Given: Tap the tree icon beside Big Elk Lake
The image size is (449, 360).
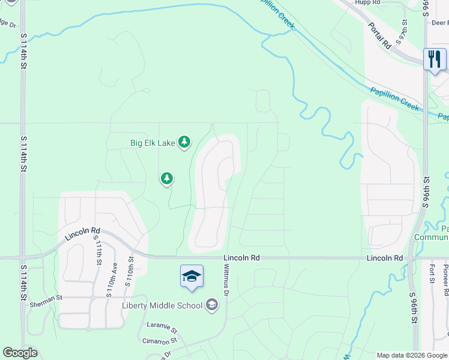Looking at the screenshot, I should [x=185, y=142].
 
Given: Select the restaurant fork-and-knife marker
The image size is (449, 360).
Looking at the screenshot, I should [x=435, y=59].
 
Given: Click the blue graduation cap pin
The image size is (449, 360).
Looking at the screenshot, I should [x=191, y=276].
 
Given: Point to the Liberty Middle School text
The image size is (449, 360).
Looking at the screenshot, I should [x=162, y=305].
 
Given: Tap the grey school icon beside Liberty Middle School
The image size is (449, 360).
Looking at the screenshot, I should [x=211, y=305].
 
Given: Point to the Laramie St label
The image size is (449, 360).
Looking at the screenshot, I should [x=162, y=329].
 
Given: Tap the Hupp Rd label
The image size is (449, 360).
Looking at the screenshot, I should [x=368, y=3].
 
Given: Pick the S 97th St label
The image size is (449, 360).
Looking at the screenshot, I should [x=405, y=31].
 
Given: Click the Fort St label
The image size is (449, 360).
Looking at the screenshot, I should [x=432, y=273].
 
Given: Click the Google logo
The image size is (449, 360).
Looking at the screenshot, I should [x=20, y=353].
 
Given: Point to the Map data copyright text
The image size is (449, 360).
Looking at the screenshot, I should [x=412, y=355].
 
